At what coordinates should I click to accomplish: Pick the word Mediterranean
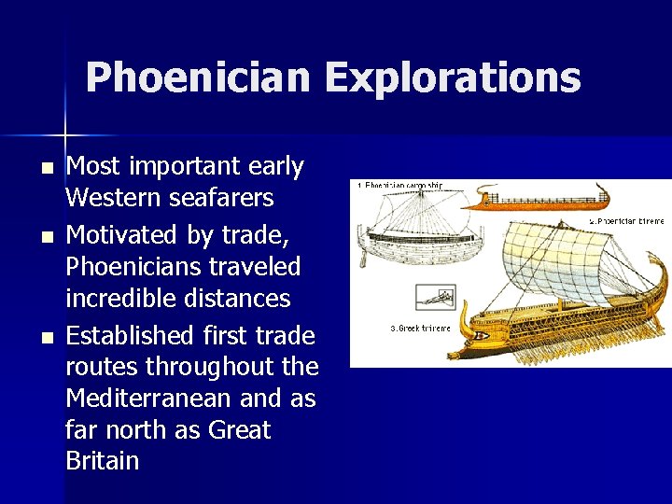click(148, 399)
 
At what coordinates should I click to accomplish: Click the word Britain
click(103, 461)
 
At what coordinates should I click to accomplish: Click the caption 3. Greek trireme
click(420, 328)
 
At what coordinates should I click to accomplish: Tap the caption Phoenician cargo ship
click(401, 185)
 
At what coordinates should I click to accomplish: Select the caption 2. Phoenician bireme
click(626, 221)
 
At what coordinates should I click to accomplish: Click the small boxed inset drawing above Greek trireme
click(435, 298)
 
